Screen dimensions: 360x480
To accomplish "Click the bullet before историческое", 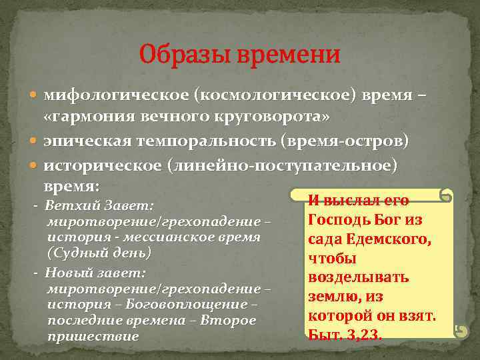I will pos(35,165).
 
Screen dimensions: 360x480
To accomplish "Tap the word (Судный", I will pos(77,253).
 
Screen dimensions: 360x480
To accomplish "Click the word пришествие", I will pos(93,336).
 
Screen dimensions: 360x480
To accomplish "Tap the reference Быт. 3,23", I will pos(345,333).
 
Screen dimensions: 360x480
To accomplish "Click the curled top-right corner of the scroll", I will pos(445,196).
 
